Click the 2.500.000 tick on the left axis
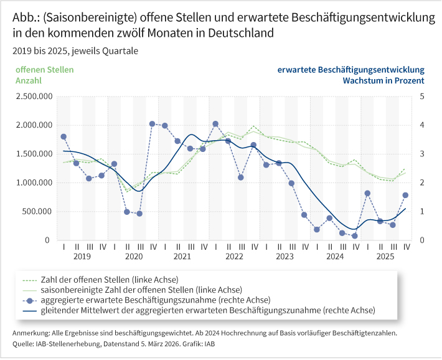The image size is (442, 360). pos(34,97)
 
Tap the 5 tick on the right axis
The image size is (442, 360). pos(422,97)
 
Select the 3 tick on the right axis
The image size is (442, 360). pos(422,154)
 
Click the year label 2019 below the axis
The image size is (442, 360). pos(82,256)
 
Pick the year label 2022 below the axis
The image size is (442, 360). pos(234,256)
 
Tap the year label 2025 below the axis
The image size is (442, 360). pos(386,256)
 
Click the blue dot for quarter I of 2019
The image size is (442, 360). pos(63,136)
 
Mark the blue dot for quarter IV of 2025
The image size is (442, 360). pos(405,195)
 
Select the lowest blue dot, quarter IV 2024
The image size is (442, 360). pos(355,236)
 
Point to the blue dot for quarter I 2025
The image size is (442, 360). pos(367,193)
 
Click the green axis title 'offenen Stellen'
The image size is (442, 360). pos(44,70)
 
